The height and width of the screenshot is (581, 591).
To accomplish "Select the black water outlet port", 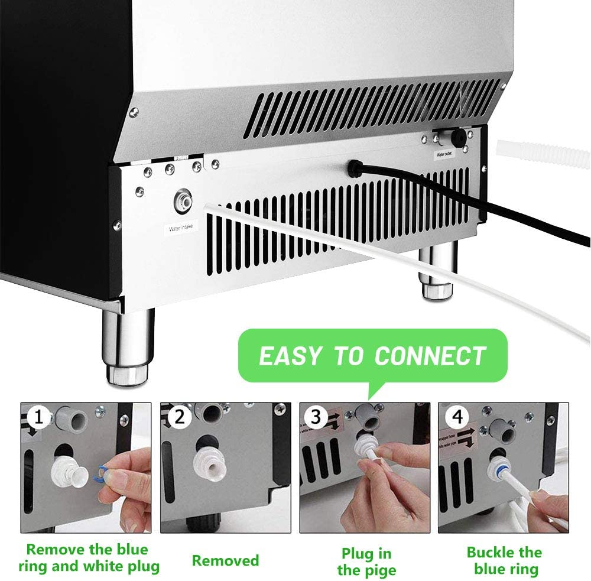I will click(456, 138).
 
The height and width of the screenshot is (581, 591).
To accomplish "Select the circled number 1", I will click(38, 419).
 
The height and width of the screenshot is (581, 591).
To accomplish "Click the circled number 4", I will click(456, 419).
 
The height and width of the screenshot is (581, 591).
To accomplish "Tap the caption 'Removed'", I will click(226, 560).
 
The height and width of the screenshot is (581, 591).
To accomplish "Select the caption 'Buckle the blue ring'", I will click(504, 560).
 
